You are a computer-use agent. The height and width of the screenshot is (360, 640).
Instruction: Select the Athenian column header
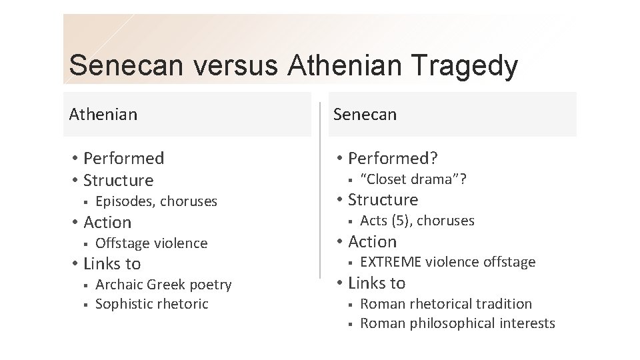(103, 114)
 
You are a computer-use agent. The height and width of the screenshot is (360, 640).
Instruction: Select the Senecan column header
(365, 114)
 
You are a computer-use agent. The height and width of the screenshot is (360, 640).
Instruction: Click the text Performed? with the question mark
(393, 158)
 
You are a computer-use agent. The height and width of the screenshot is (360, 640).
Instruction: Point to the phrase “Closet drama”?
(413, 178)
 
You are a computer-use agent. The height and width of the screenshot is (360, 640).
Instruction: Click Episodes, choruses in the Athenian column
(156, 201)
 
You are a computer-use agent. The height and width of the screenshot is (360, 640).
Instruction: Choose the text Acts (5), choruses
(417, 220)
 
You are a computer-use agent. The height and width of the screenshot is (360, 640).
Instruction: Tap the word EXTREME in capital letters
(391, 262)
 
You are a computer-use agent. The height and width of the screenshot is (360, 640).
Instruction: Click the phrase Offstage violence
(151, 243)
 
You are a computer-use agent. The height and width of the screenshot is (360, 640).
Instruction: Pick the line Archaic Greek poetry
(163, 285)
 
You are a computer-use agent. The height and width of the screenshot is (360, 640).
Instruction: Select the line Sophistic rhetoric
(152, 304)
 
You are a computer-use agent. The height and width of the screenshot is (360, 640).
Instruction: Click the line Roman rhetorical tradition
(446, 304)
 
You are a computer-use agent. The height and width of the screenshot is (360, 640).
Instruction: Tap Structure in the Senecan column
(383, 199)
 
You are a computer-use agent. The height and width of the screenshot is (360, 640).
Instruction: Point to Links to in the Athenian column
(111, 263)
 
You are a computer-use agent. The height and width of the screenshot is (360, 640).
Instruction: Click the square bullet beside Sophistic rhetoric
(86, 305)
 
